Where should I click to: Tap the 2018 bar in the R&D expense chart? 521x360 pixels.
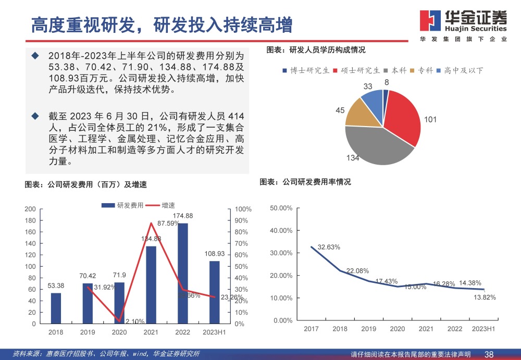[56, 308]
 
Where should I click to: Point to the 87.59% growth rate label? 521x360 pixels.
[168, 224]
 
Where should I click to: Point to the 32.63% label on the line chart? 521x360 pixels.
[329, 247]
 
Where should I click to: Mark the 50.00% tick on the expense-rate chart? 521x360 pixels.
[281, 208]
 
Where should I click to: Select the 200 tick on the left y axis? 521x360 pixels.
[30, 209]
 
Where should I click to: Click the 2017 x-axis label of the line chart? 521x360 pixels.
[311, 329]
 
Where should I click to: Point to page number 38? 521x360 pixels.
[489, 354]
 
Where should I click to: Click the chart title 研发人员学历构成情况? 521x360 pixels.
[316, 50]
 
